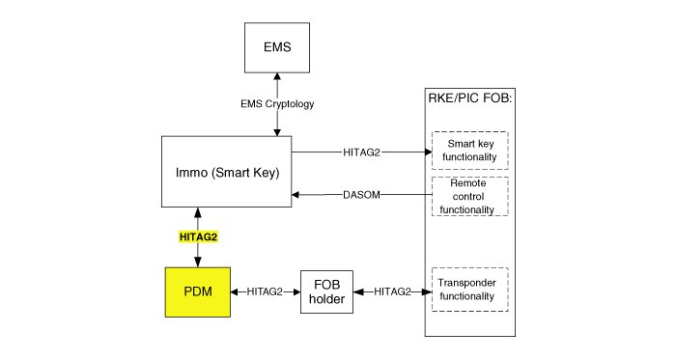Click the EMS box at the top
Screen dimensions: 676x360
277,47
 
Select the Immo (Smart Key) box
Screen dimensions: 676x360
226,172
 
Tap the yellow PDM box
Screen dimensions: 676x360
198,292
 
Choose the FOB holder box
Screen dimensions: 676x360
326,292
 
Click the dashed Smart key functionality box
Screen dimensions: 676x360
470,151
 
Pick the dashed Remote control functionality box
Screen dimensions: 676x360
470,196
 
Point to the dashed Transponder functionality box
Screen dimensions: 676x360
470,290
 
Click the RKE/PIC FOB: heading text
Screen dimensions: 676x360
470,98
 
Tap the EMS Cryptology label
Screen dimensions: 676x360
277,104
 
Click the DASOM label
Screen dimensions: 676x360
362,195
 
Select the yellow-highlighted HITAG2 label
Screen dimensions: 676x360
198,236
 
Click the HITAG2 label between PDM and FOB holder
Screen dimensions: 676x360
265,292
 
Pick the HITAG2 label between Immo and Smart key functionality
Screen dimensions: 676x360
362,152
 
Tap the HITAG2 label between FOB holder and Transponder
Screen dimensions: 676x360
392,292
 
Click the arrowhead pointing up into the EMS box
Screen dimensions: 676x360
277,76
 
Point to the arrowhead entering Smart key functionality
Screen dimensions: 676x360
428,152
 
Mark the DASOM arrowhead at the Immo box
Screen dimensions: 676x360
296,195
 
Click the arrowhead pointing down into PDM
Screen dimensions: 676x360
198,263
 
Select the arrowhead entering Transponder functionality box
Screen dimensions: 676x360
428,292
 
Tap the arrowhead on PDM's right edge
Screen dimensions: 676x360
235,292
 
